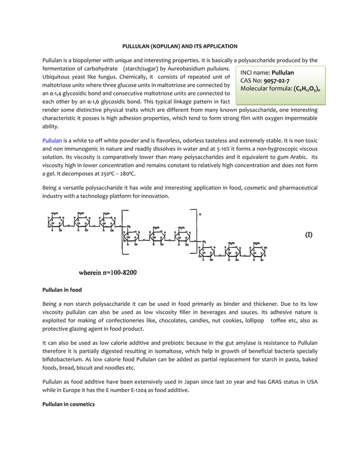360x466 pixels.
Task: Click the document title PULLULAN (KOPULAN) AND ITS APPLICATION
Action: coord(180,46)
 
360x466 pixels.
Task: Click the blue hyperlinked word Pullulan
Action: coord(52,140)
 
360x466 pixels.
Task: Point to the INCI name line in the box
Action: coord(267,73)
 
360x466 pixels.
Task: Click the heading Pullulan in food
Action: coord(63,290)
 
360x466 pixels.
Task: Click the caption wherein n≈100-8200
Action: coord(107,272)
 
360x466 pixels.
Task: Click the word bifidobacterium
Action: coord(62,359)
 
